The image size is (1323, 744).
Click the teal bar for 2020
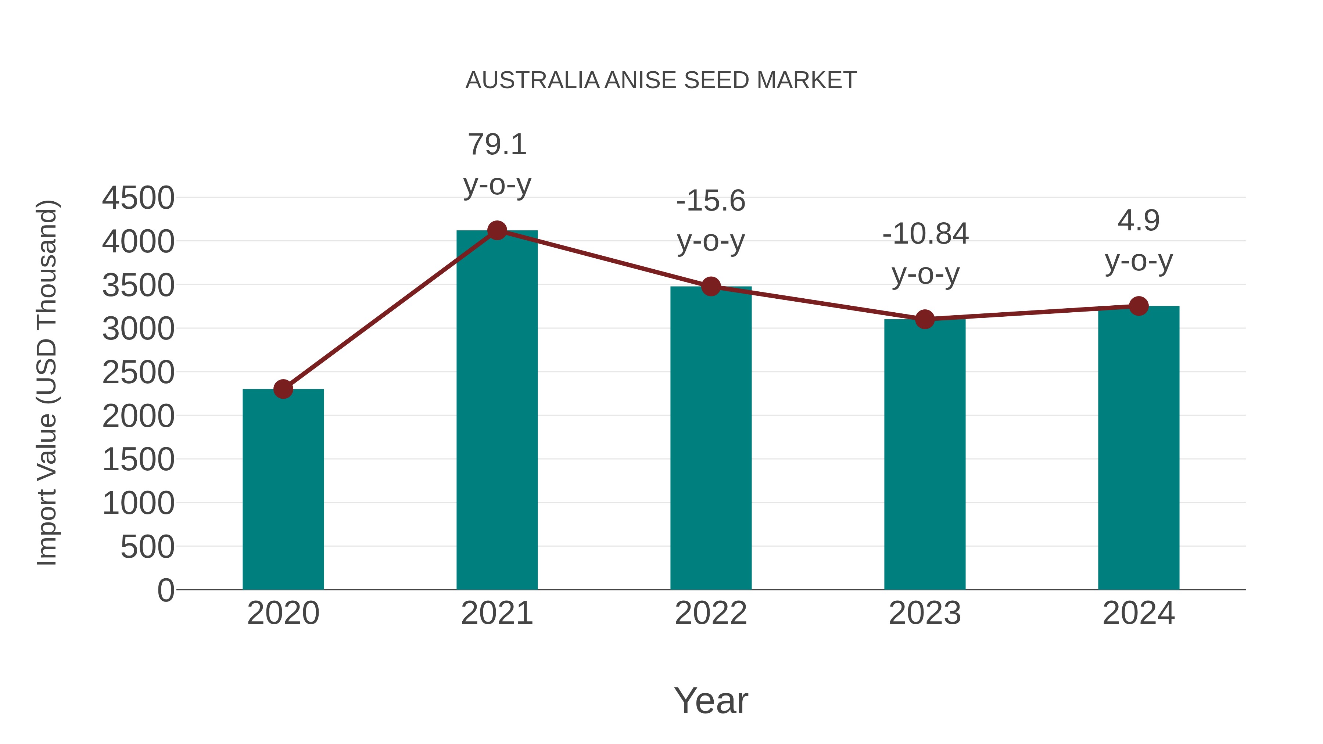point(283,490)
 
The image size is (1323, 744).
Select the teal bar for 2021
point(496,411)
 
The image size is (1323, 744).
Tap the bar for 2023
point(925,454)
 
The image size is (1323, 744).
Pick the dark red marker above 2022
point(711,287)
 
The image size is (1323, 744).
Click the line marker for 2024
point(1139,306)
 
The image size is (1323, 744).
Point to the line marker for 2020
point(283,389)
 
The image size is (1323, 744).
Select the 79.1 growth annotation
point(496,144)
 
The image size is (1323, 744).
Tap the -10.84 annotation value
point(925,234)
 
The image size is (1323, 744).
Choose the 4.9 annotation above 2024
point(1139,221)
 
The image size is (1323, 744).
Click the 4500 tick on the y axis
point(138,198)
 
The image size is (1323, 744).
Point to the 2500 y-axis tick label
point(138,373)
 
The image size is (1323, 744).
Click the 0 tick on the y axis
point(165,590)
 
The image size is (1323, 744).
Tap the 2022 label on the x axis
point(711,613)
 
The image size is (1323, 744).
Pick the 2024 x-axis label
point(1139,613)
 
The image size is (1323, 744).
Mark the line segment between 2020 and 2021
point(390,310)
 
